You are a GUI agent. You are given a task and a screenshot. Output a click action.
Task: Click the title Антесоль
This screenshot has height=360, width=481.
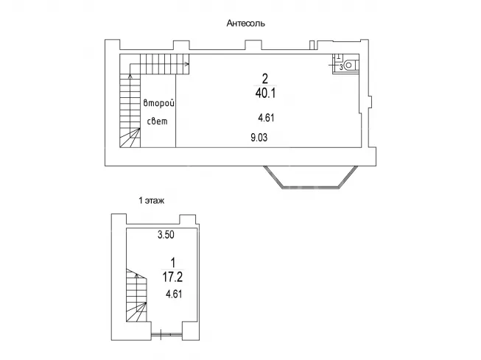(246, 24)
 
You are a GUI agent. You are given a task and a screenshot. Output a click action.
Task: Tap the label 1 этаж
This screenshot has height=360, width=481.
(152, 201)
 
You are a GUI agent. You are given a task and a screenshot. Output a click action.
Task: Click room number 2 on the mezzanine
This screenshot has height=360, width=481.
(265, 79)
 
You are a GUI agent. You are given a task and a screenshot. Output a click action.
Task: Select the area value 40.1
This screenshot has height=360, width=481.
(265, 93)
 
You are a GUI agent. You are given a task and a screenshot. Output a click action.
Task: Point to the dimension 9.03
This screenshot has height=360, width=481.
(259, 138)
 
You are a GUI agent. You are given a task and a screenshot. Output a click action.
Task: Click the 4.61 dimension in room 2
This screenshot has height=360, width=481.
(266, 118)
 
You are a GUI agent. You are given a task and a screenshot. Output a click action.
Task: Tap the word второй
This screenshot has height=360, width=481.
(159, 103)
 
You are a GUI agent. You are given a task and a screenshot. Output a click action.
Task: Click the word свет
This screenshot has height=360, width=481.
(158, 121)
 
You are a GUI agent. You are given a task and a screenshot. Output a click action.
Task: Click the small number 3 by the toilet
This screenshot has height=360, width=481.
(341, 68)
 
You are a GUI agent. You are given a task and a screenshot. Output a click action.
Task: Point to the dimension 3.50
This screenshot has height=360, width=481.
(166, 235)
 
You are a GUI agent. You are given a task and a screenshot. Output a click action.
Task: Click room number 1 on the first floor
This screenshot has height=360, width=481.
(173, 263)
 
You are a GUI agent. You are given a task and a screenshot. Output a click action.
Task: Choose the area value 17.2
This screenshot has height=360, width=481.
(172, 278)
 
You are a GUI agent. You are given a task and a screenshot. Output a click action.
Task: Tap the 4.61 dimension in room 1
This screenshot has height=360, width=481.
(174, 294)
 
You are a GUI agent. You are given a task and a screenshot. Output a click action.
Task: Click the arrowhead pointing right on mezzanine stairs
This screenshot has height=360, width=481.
(187, 64)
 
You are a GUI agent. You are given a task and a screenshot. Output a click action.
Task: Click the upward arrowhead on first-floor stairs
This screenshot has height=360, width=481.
(136, 276)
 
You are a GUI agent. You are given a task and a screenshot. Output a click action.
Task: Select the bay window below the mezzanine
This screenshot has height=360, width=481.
(311, 177)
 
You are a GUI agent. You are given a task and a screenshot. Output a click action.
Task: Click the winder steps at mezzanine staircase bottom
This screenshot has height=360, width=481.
(130, 138)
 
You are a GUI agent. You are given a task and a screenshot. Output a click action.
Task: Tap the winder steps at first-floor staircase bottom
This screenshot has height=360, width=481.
(136, 312)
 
